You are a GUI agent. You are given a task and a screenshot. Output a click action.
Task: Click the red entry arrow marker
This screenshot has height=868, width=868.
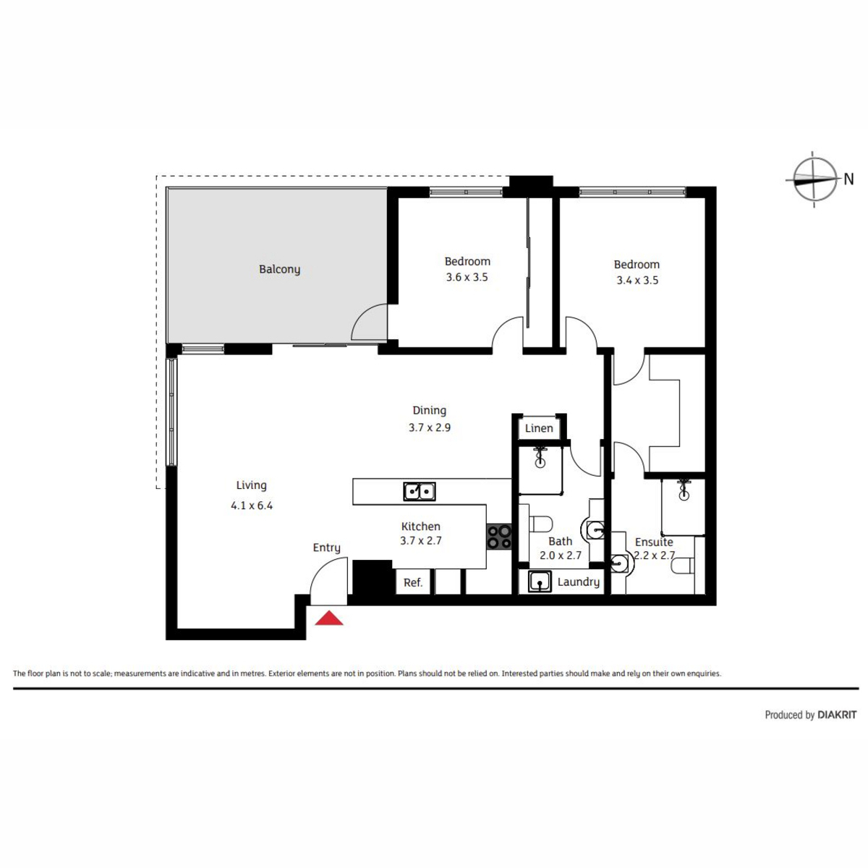[x=329, y=618]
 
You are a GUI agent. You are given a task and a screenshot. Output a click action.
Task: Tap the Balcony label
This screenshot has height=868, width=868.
[x=279, y=269]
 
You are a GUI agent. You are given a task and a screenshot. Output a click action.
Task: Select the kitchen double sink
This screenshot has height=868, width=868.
[x=419, y=491]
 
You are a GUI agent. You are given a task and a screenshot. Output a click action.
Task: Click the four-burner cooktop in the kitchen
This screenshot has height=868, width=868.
[x=498, y=537]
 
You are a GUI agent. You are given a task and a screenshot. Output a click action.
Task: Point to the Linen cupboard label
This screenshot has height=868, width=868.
[x=539, y=428]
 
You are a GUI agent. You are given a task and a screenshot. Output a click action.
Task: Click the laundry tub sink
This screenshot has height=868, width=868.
[x=540, y=582]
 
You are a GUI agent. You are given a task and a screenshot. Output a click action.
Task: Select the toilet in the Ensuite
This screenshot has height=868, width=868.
[x=682, y=566]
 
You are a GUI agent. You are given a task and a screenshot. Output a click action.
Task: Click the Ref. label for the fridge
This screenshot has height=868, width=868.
[x=413, y=583]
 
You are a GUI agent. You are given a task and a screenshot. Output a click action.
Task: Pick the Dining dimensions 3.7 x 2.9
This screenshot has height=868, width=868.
[x=429, y=427]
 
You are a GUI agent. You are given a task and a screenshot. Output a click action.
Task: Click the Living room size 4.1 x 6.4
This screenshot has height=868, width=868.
[x=252, y=506]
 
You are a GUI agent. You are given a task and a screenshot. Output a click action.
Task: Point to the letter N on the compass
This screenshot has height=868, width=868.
[x=848, y=179]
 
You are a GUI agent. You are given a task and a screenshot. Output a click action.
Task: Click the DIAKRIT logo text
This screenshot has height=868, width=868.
[x=837, y=715]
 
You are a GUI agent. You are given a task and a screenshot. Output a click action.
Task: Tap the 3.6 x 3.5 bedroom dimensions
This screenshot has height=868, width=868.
[x=467, y=277]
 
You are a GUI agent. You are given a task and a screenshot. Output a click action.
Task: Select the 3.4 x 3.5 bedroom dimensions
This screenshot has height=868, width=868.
[x=637, y=280]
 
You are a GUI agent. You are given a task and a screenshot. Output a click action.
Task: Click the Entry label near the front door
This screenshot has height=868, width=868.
[x=326, y=548]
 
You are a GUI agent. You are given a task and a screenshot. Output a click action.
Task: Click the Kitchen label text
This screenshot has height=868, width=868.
[x=421, y=526]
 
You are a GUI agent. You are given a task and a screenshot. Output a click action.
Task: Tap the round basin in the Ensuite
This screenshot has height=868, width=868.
[x=620, y=562]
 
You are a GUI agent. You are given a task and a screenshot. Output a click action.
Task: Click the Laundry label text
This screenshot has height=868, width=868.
[x=579, y=582]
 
